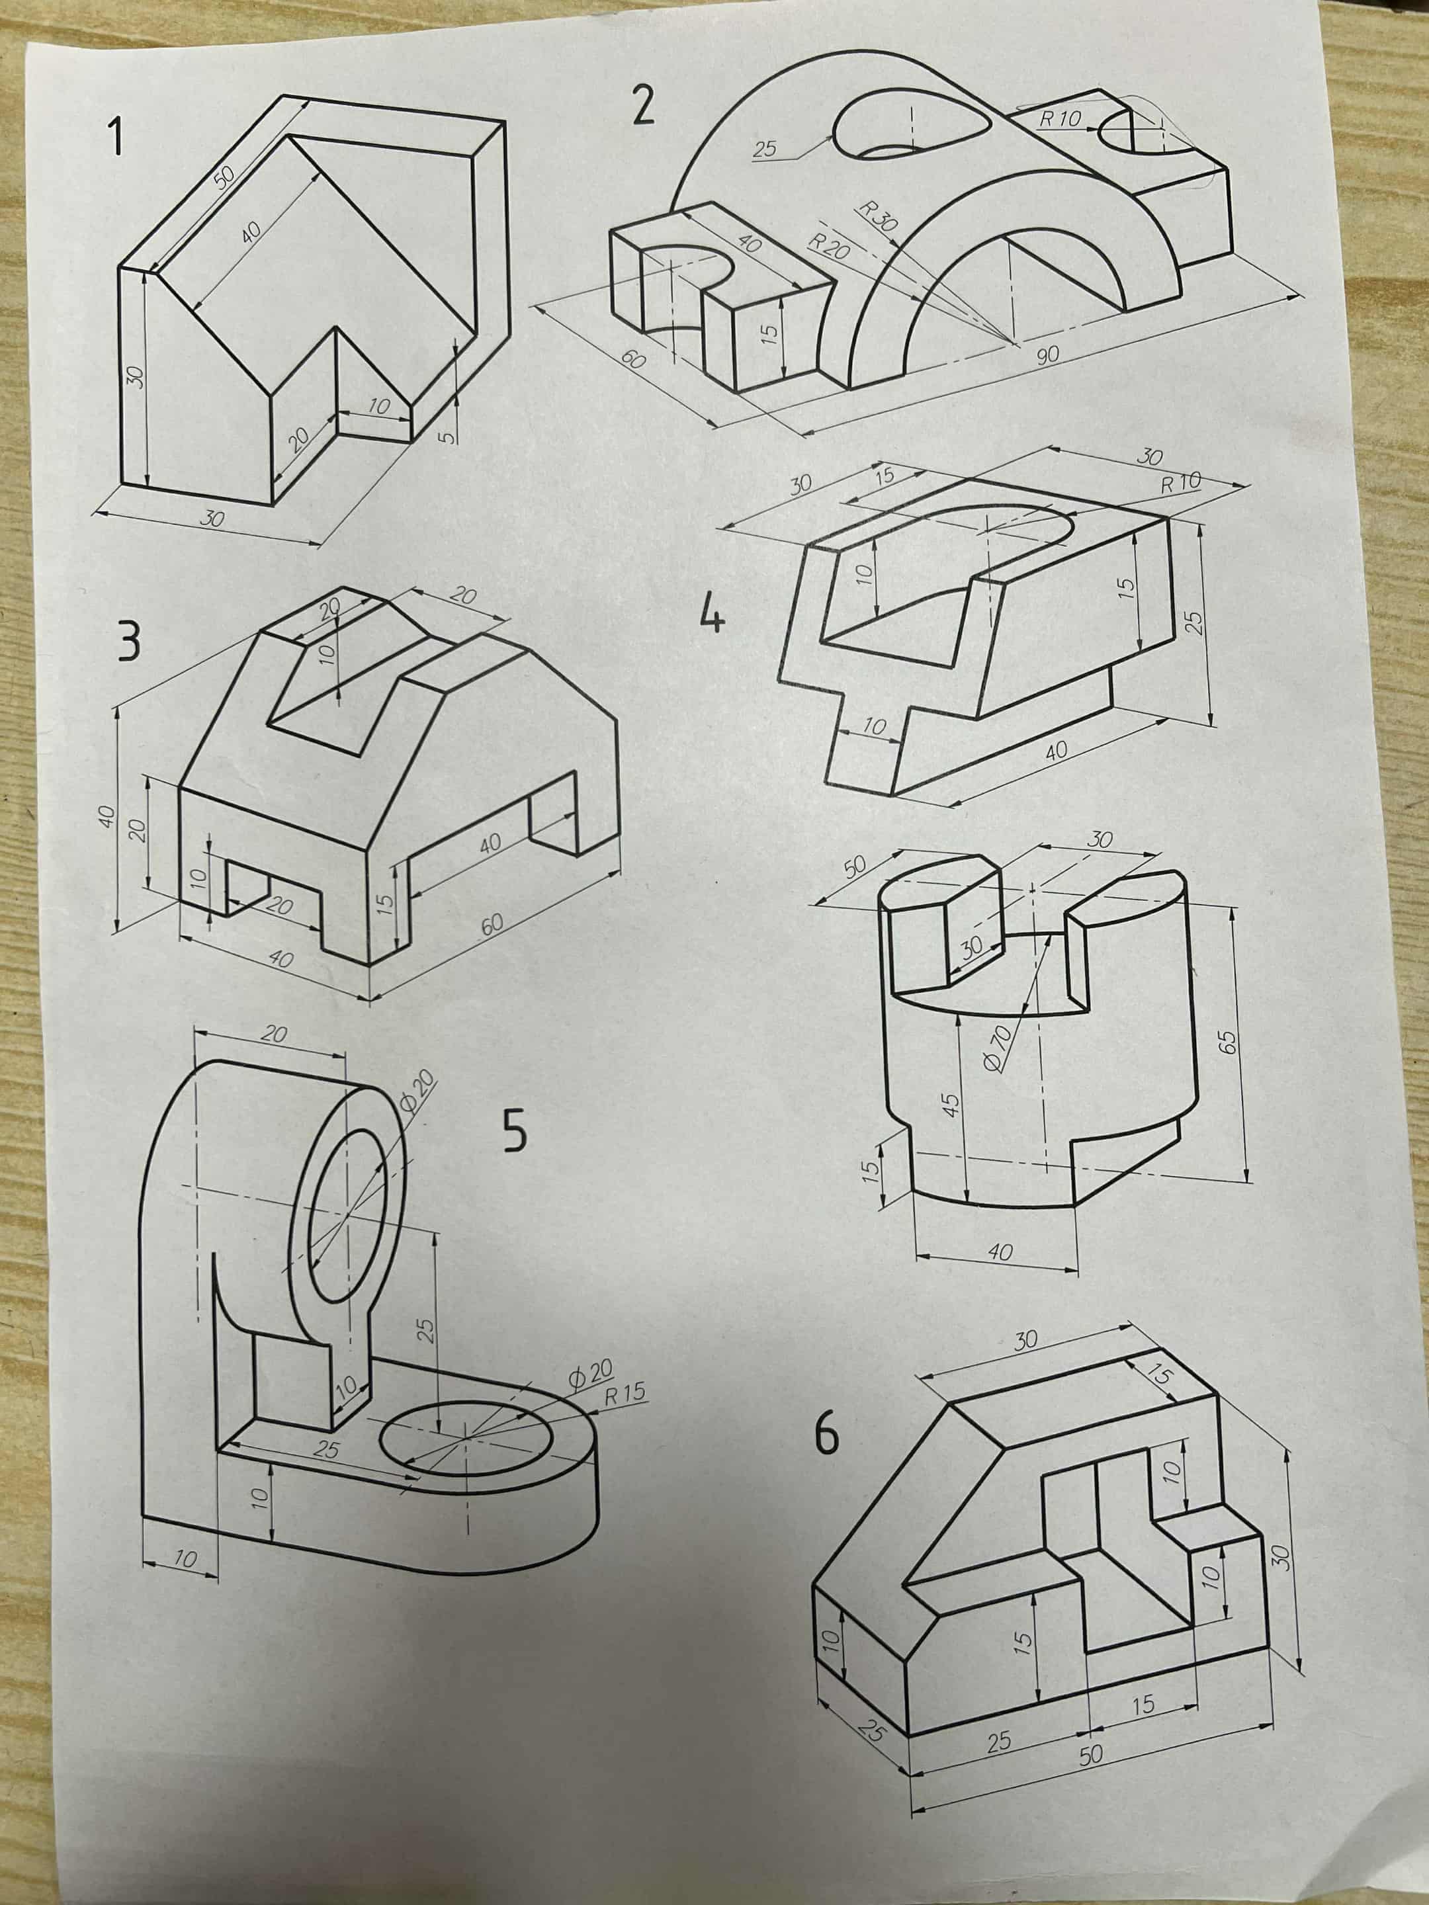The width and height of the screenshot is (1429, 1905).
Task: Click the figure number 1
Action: point(114,139)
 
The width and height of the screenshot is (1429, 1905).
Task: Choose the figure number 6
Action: point(827,1433)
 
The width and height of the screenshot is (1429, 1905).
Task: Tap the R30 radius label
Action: point(879,218)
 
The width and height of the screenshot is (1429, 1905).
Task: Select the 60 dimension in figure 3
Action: point(492,925)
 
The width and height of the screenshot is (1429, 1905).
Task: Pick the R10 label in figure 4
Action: point(1180,482)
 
